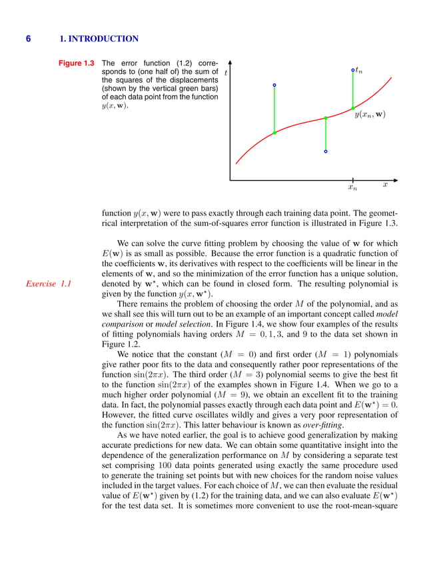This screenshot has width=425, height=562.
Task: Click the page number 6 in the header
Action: pyautogui.click(x=28, y=39)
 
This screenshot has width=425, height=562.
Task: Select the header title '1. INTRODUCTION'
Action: pyautogui.click(x=99, y=39)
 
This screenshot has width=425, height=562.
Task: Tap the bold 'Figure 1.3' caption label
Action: pyautogui.click(x=75, y=63)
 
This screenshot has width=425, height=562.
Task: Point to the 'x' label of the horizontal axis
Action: pyautogui.click(x=385, y=183)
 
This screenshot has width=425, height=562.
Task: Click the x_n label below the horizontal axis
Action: pyautogui.click(x=352, y=189)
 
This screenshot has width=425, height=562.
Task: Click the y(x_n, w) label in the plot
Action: pyautogui.click(x=370, y=115)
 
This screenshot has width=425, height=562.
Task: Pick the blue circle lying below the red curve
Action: pyautogui.click(x=326, y=151)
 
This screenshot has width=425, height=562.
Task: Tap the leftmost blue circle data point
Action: pyautogui.click(x=274, y=85)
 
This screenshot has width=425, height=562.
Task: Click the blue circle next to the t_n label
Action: pyautogui.click(x=352, y=69)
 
